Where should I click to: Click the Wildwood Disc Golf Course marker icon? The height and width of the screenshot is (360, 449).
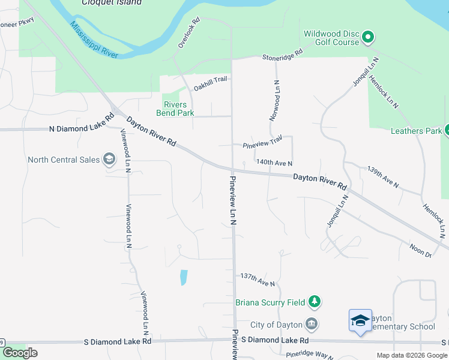pyautogui.click(x=369, y=38)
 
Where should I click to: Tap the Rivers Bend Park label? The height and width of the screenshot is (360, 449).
pyautogui.click(x=175, y=108)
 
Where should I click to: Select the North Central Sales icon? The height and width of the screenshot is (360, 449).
pyautogui.click(x=109, y=160)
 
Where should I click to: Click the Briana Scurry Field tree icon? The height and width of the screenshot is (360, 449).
pyautogui.click(x=314, y=302)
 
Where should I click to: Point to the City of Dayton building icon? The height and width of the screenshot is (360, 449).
pyautogui.click(x=312, y=324)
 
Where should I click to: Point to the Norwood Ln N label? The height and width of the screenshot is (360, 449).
pyautogui.click(x=275, y=101)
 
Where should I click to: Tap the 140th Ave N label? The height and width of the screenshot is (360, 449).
pyautogui.click(x=274, y=163)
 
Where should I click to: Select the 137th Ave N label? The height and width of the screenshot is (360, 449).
pyautogui.click(x=258, y=279)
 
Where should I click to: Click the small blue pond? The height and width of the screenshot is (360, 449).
pyautogui.click(x=184, y=277)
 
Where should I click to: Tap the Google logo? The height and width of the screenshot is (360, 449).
pyautogui.click(x=20, y=353)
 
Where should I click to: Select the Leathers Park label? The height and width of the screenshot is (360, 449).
pyautogui.click(x=415, y=131)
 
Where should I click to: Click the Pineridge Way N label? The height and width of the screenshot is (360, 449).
pyautogui.click(x=309, y=355)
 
